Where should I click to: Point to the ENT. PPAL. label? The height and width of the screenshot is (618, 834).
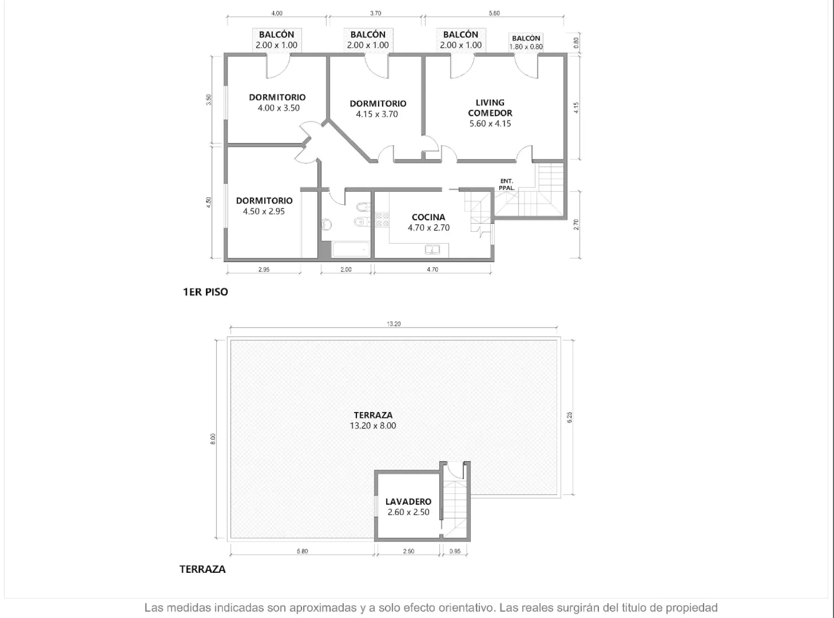pos(506,185)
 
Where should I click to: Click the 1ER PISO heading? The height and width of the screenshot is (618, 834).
pos(205,292)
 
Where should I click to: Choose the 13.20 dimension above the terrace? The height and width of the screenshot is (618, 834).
pos(394,324)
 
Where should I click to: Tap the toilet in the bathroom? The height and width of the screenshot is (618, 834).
pos(327,224)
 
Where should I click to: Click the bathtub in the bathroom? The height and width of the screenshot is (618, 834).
pos(351,250)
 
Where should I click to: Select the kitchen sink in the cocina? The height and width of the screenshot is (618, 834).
pos(432,249)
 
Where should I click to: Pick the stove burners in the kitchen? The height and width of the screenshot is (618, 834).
pos(382,219)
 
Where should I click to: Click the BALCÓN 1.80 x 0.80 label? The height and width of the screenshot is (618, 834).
pos(526,43)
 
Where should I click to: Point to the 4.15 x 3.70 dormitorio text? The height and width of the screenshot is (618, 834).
pos(377,114)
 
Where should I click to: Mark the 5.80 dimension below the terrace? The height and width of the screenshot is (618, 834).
pos(302,551)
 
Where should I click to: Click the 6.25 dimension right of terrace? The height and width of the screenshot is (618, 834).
pos(569,417)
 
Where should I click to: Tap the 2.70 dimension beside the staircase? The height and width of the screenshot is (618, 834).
pos(576,225)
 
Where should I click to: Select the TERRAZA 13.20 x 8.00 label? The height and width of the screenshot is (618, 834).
pos(373,420)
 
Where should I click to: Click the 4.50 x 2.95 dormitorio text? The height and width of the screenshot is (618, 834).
pos(264,212)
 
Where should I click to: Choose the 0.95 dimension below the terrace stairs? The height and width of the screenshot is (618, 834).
pos(455,551)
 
